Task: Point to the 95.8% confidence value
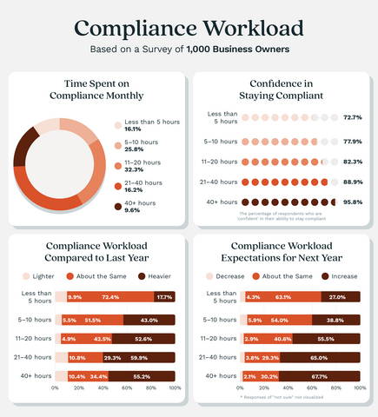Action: pos(352,202)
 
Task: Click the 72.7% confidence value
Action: pos(352,116)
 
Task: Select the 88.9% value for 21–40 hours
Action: pos(352,181)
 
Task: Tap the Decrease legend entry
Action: pos(229,275)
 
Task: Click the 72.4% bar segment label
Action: pos(110,297)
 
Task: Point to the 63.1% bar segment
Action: pos(283,297)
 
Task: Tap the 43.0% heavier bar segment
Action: pos(149,321)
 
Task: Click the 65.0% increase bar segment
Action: pos(321,357)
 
